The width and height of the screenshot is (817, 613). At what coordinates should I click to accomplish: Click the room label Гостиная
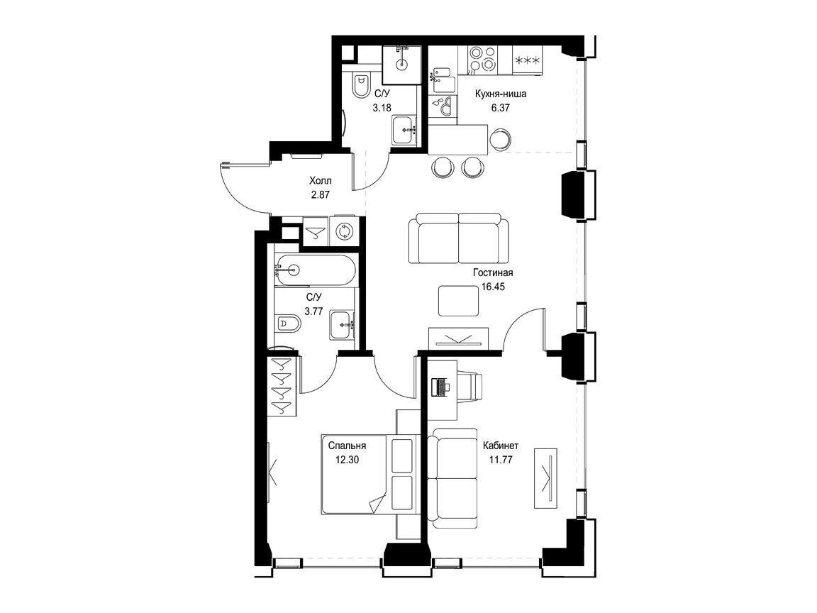pos(493,272)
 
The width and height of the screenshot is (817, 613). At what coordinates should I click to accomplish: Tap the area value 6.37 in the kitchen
pos(500,109)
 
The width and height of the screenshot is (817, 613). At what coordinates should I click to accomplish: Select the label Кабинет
pos(500,446)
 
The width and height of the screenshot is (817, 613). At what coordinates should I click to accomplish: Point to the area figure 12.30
pos(348,460)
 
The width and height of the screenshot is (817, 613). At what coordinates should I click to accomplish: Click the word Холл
pos(320,181)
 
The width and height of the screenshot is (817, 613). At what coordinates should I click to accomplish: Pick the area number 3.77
pos(313,311)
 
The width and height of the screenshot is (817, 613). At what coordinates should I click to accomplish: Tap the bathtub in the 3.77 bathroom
pos(316,270)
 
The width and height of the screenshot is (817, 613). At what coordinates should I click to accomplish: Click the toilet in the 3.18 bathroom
pos(360,85)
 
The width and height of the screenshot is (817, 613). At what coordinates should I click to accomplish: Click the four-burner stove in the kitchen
pos(483,59)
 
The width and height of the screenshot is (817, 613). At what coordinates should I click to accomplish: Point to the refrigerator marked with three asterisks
pos(528,60)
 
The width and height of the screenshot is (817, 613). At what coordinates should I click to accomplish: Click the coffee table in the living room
pos(458,301)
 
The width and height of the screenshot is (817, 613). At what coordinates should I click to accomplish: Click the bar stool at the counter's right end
pos(500,139)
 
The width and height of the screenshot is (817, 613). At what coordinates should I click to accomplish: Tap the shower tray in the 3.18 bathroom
pos(401,65)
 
